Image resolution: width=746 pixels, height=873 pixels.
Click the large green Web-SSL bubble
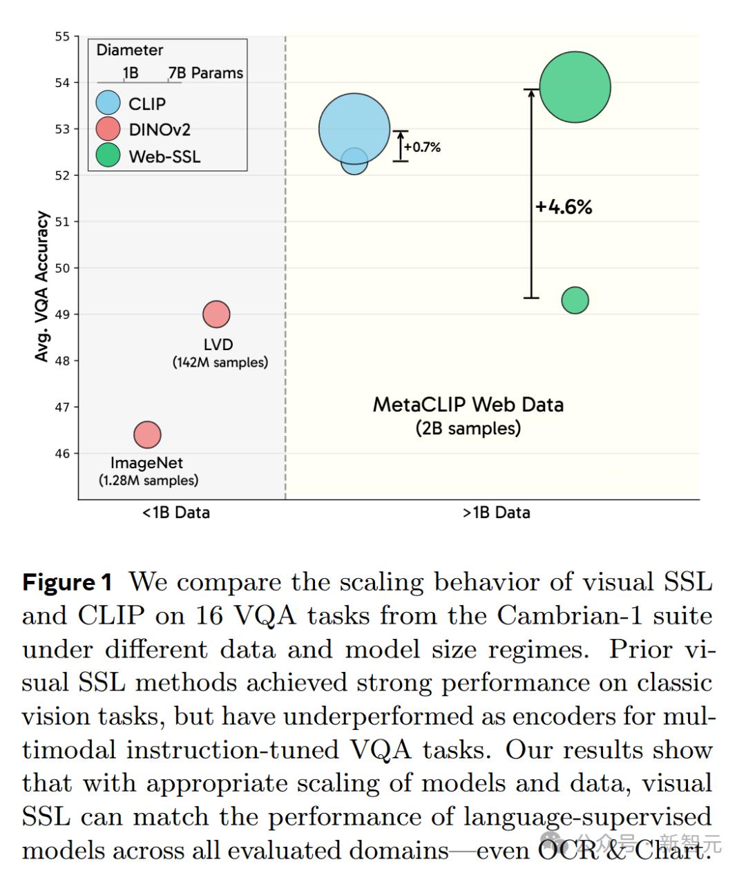[x=575, y=87]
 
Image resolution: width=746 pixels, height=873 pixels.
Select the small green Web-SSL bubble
[x=575, y=300]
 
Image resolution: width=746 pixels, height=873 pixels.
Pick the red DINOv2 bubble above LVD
[x=216, y=314]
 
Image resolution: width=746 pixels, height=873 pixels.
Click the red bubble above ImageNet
[x=147, y=434]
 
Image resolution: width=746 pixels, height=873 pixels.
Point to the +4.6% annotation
[x=564, y=207]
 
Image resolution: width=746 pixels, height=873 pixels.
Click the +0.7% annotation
[x=422, y=147]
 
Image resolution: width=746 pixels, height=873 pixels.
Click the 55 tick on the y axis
[x=63, y=37]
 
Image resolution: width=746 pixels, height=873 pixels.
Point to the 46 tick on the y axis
[x=63, y=454]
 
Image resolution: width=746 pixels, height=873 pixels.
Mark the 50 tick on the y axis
[x=63, y=268]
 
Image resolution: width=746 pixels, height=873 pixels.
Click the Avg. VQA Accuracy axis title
[x=42, y=286]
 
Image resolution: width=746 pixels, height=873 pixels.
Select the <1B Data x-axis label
[x=176, y=512]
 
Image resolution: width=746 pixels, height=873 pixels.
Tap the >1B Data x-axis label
[x=497, y=512]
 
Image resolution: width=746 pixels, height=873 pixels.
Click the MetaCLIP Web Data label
[x=468, y=405]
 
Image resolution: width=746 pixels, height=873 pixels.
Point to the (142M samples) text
[x=220, y=363]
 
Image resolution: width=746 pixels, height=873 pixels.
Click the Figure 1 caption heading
[x=67, y=582]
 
